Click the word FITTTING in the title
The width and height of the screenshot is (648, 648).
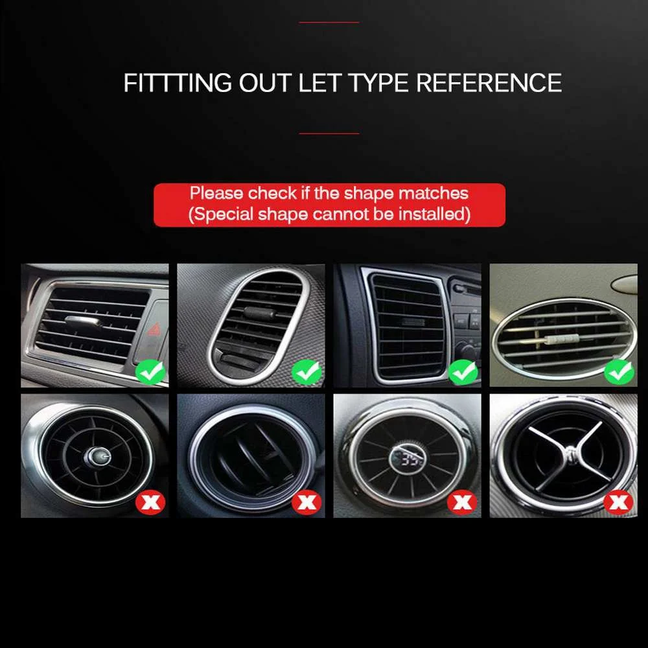178,83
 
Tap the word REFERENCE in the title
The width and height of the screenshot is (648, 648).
489,83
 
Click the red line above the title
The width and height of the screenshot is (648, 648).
329,22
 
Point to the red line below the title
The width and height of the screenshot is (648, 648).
329,133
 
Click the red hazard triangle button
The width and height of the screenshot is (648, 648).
155,329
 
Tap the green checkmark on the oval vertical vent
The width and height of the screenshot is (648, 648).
307,373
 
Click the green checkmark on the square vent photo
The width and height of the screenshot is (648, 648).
463,373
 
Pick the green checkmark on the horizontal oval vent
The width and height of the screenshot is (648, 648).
619,373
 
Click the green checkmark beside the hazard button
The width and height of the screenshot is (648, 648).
150,373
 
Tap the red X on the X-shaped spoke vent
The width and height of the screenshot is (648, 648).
619,502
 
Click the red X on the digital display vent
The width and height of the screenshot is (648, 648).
463,502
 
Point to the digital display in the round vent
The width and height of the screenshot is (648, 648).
407,458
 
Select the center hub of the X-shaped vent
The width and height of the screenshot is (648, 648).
570,453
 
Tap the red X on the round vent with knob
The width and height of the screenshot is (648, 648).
150,502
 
